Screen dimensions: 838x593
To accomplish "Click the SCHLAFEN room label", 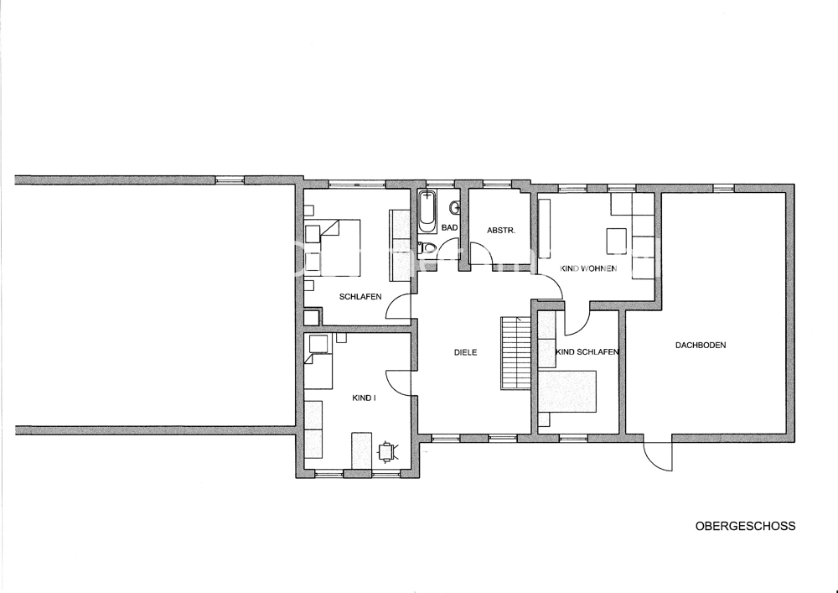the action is click(360, 297).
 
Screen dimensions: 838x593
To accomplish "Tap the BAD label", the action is click(449, 228).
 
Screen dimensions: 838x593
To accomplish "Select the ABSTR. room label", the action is click(501, 231).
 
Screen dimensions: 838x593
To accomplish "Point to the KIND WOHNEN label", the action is click(588, 268).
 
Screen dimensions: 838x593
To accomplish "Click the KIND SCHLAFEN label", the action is click(587, 351).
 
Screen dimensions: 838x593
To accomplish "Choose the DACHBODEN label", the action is click(701, 346).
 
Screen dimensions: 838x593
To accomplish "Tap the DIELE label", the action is click(465, 353).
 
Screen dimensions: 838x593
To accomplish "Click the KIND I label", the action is click(364, 398).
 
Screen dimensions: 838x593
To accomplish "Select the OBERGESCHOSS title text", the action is click(745, 526).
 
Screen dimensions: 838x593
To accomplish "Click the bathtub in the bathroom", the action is click(427, 211).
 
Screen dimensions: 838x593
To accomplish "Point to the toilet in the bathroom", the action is click(427, 247).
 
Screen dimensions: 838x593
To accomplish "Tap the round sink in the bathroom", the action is click(455, 206).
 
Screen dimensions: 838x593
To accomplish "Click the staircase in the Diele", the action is click(515, 353).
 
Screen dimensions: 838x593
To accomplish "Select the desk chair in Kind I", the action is click(386, 450).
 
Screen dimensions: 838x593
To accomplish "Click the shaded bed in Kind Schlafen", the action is click(567, 392).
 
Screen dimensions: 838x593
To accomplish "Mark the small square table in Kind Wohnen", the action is click(616, 242).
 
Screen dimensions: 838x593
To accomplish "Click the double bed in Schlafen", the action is click(333, 247).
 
